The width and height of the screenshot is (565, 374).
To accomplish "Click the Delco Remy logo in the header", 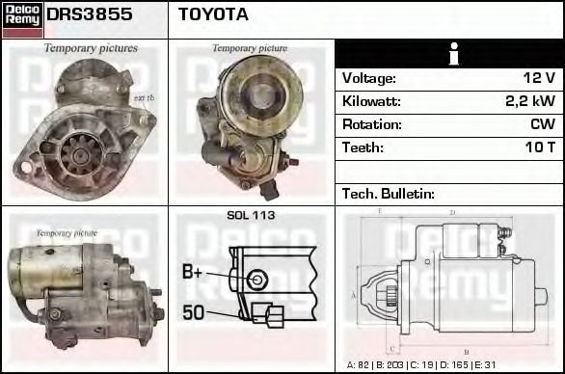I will (21, 19).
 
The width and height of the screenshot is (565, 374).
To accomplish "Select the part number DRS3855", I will (90, 14).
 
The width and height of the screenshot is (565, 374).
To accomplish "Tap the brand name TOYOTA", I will (213, 14).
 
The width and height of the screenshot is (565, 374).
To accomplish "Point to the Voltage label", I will (369, 78).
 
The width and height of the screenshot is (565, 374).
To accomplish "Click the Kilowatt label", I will (371, 101).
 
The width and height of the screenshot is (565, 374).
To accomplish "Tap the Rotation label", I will (371, 124).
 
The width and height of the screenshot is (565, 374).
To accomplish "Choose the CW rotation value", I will (543, 124).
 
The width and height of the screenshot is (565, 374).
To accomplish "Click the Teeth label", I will (363, 147).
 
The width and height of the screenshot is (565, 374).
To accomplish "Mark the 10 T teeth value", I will (539, 147).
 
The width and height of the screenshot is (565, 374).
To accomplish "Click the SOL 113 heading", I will (251, 215).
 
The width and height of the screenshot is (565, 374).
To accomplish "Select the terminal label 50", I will (193, 312).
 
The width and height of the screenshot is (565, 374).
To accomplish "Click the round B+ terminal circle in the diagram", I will (256, 280).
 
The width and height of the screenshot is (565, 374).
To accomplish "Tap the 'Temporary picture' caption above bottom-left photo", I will (67, 232).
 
